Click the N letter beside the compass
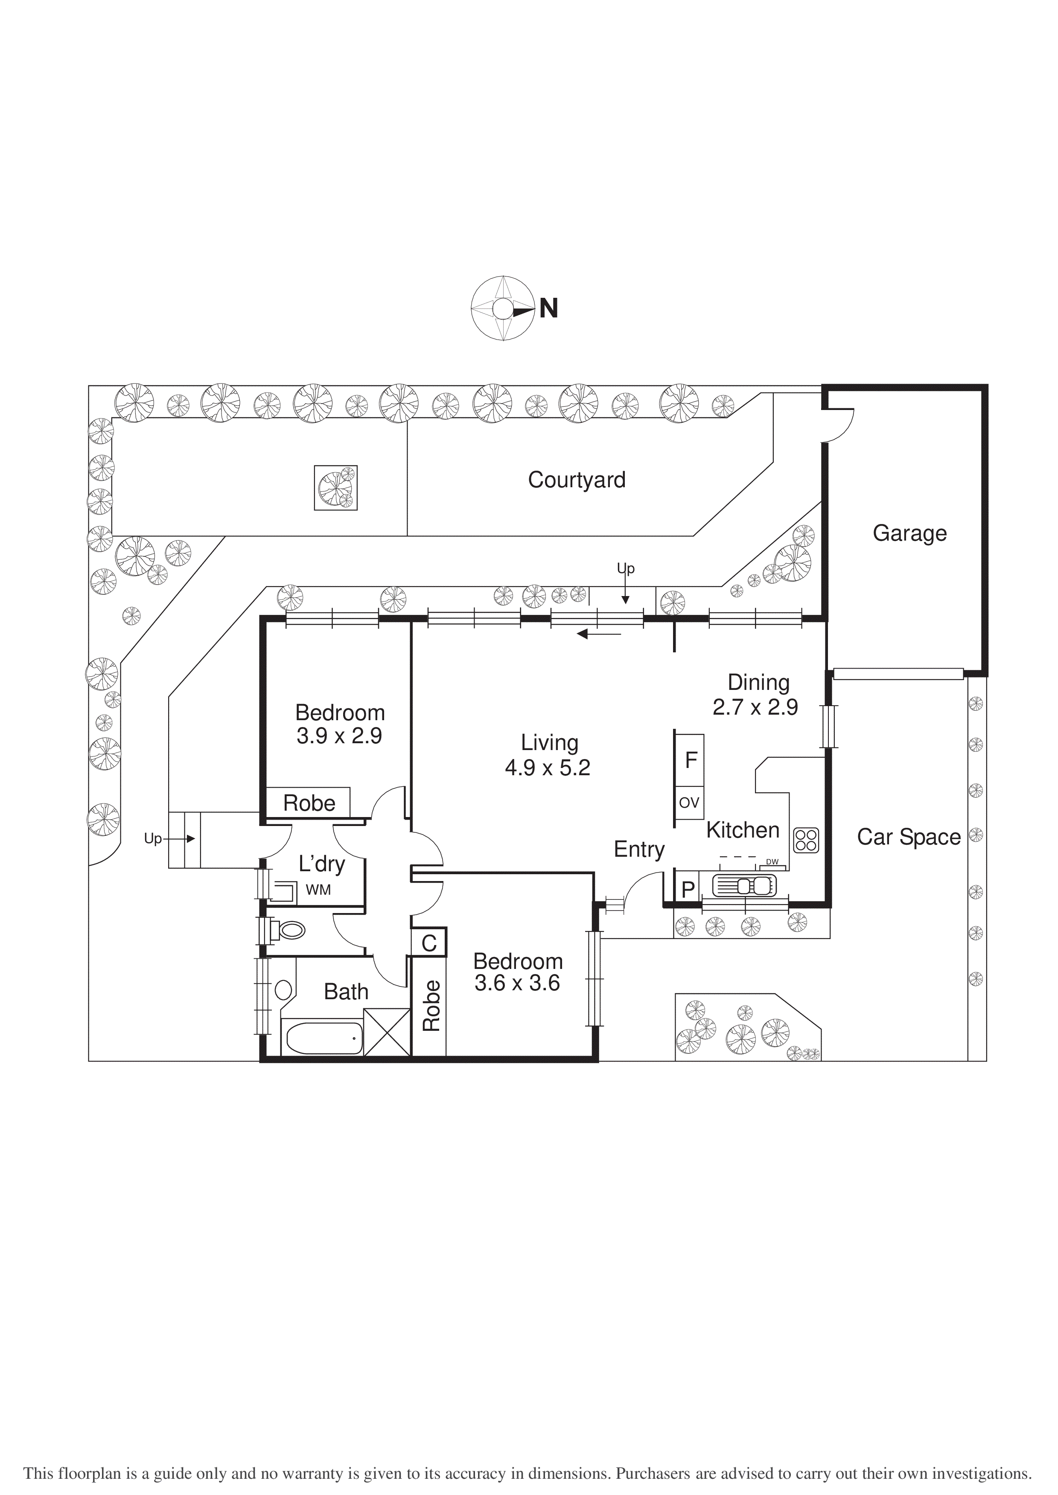tap(548, 308)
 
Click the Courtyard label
tap(577, 480)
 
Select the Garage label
tap(909, 533)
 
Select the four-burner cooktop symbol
tap(806, 840)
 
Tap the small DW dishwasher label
tap(772, 862)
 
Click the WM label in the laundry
tap(318, 890)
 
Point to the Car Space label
tap(908, 838)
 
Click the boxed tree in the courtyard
tap(335, 488)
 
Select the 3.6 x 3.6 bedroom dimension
tap(516, 983)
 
